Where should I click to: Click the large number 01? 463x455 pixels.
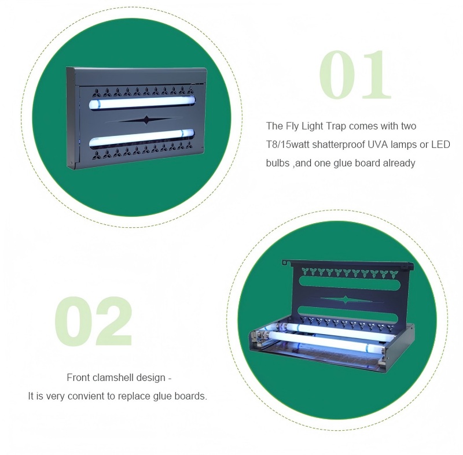355,75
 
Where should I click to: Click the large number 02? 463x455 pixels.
93,321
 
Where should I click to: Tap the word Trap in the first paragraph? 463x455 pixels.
337,126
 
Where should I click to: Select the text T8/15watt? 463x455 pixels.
288,145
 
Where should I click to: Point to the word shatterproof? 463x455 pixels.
339,145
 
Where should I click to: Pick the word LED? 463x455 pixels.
440,145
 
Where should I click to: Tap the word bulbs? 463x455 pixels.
278,163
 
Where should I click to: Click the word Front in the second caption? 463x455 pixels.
78,378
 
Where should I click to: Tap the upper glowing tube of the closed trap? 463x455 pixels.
142,102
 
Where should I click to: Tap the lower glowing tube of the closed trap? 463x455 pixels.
142,138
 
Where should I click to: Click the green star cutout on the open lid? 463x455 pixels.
346,299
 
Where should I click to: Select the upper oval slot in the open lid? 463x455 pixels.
350,282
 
